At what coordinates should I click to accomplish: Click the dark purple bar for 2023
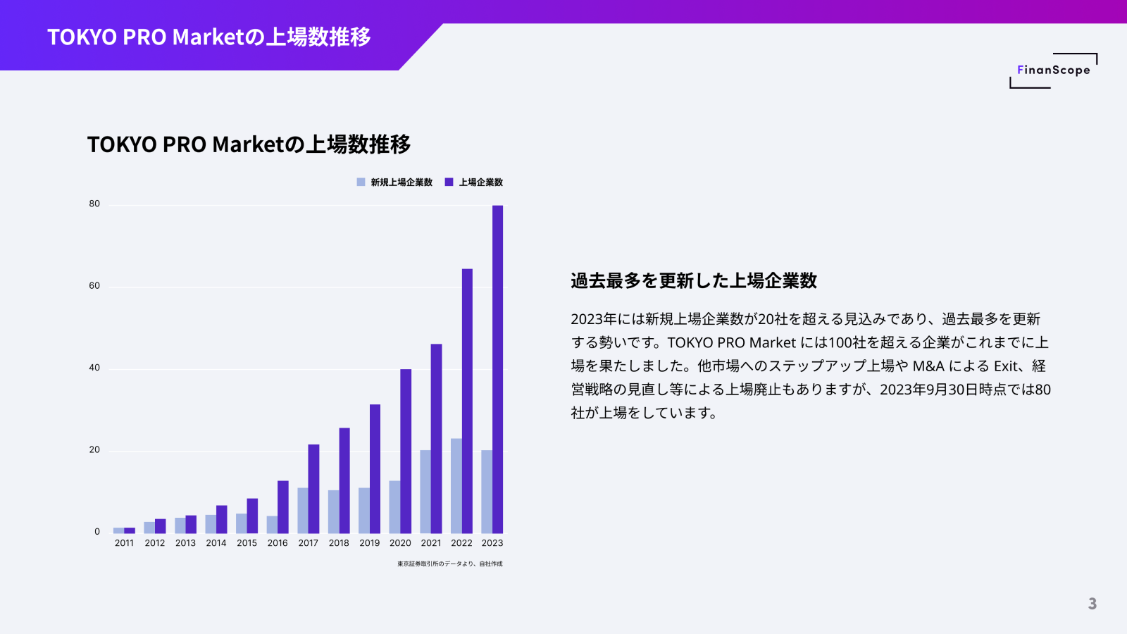497,369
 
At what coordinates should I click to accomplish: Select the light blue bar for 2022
456,485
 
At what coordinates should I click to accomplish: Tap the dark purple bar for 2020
406,451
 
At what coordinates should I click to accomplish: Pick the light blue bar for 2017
303,510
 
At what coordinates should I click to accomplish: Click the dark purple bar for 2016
283,506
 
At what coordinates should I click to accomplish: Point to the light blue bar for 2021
425,491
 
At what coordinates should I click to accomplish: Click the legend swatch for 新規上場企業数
361,182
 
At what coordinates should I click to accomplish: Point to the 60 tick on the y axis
94,286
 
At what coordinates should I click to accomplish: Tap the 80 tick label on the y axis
94,204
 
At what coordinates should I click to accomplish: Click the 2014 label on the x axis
216,543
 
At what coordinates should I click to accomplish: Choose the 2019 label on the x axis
369,543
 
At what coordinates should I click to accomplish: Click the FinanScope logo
1053,70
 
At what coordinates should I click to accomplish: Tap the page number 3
1092,604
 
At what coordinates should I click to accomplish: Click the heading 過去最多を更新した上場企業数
694,281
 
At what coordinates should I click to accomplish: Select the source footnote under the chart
449,564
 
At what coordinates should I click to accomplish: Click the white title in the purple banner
209,37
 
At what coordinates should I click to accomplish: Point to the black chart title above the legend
249,144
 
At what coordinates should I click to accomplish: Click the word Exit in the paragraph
1007,366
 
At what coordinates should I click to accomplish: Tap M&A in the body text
928,366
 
